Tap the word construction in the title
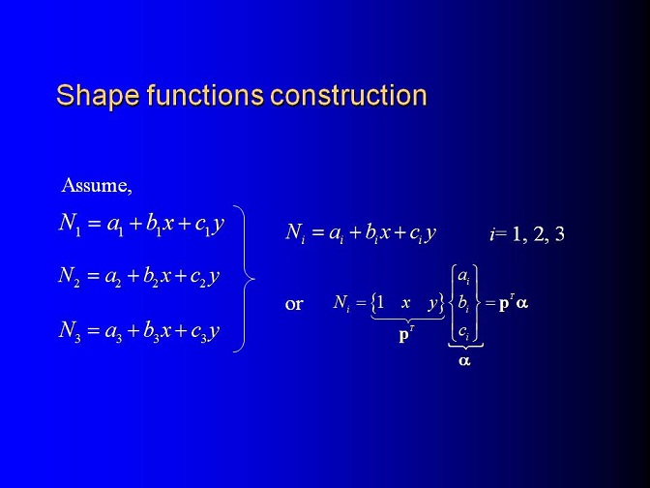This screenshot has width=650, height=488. pyautogui.click(x=348, y=95)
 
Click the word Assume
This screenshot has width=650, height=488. pyautogui.click(x=96, y=185)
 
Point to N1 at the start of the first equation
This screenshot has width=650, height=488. pyautogui.click(x=70, y=225)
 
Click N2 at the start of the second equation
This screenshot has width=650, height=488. pyautogui.click(x=70, y=276)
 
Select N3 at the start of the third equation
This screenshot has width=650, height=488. pyautogui.click(x=70, y=331)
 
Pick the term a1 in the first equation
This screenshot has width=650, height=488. pyautogui.click(x=115, y=227)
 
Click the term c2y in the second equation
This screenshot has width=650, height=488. pyautogui.click(x=205, y=277)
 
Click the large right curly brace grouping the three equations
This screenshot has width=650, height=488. pyautogui.click(x=245, y=279)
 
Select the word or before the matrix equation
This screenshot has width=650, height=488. pyautogui.click(x=294, y=304)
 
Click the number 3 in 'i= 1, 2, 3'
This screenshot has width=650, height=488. pyautogui.click(x=559, y=234)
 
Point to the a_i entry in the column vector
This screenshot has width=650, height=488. pyautogui.click(x=464, y=276)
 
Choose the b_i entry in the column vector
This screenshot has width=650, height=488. pyautogui.click(x=464, y=304)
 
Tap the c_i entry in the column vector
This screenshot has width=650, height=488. pyautogui.click(x=464, y=331)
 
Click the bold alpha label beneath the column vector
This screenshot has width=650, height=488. pyautogui.click(x=464, y=360)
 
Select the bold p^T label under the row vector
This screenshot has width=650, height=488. pyautogui.click(x=406, y=334)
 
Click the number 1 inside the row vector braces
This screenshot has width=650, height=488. pyautogui.click(x=380, y=303)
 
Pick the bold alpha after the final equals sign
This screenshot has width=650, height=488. pyautogui.click(x=522, y=304)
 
